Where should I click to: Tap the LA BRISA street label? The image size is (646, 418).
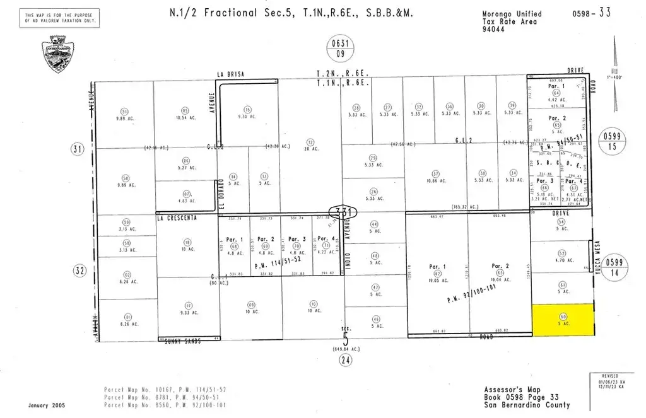point(230,74)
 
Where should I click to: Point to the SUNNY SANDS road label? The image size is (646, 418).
point(183,341)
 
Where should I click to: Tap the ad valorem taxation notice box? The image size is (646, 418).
point(61,17)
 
